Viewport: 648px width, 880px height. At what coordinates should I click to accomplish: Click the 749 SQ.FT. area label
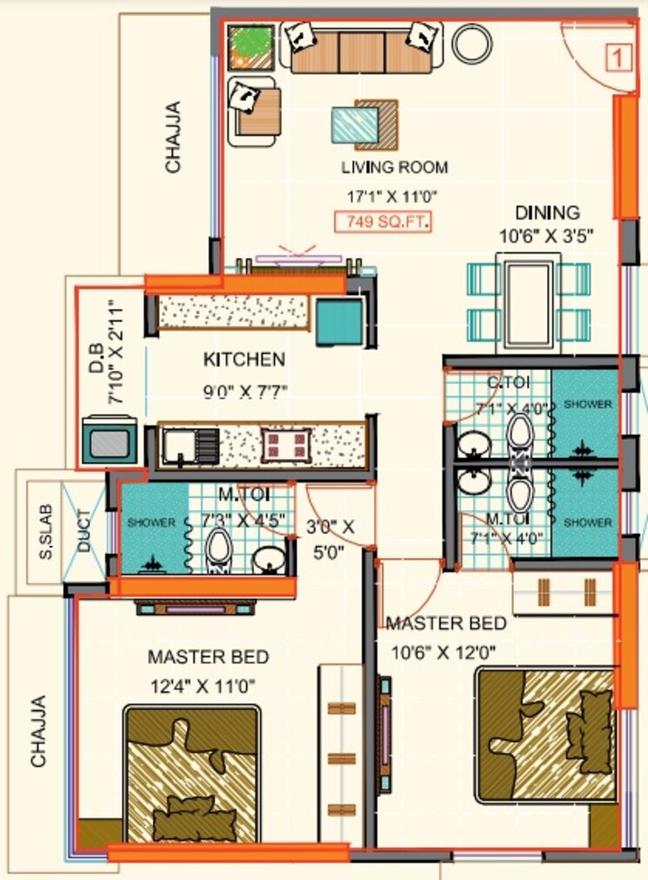(384, 222)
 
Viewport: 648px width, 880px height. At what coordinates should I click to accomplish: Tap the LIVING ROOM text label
(394, 167)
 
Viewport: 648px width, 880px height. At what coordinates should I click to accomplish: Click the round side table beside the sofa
(472, 42)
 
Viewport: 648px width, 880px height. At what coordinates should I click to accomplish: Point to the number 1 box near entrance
(617, 59)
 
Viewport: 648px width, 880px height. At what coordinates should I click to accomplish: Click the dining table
(528, 301)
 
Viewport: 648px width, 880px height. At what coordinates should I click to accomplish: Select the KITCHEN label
(244, 359)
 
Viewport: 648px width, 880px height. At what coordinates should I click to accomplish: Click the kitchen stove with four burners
(287, 445)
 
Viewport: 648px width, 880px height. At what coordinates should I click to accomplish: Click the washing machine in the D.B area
(109, 442)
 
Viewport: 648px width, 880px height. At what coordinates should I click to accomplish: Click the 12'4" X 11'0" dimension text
(201, 685)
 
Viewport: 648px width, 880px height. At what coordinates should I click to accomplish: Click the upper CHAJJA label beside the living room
(174, 137)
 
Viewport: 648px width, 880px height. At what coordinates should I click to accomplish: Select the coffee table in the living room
(364, 123)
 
